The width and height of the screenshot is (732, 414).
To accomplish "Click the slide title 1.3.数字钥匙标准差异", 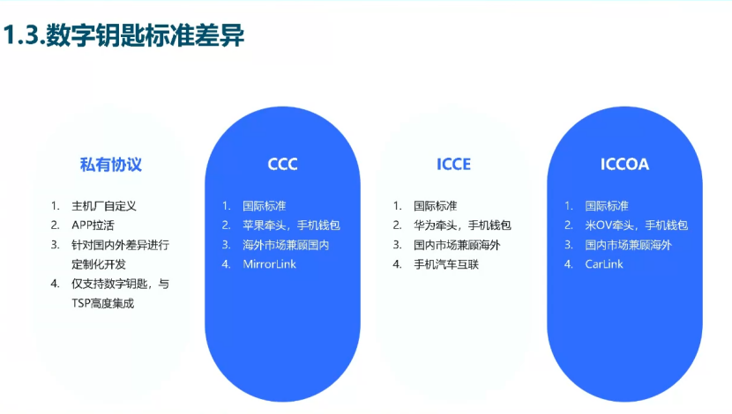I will tap(123, 37).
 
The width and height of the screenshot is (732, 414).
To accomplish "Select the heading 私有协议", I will tap(111, 165).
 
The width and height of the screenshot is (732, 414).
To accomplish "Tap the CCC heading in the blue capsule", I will tap(283, 165).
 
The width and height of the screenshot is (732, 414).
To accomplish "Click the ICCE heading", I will tap(453, 165).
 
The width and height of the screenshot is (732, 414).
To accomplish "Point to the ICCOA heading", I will tap(624, 165).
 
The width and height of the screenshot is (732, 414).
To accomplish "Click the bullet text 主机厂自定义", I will tap(104, 205).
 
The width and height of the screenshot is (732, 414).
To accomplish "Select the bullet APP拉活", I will tap(93, 225).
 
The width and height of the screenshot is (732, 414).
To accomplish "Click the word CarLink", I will tap(604, 264).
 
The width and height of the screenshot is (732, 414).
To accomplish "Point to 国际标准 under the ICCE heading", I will tap(436, 206).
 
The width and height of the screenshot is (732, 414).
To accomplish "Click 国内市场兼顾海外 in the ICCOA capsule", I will tap(628, 245).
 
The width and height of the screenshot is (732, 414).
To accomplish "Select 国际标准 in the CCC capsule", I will tap(265, 206).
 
